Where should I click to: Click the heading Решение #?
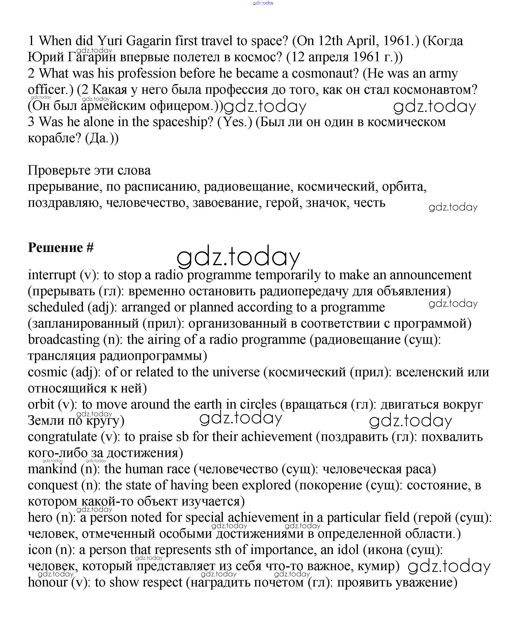[61, 248]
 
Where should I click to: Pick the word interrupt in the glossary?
[52, 275]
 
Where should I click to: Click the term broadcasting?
[63, 340]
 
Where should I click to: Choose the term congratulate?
[62, 437]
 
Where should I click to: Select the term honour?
[48, 582]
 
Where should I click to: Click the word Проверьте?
[59, 170]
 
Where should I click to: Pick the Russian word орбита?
[404, 187]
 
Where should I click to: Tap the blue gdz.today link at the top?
[263, 3]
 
